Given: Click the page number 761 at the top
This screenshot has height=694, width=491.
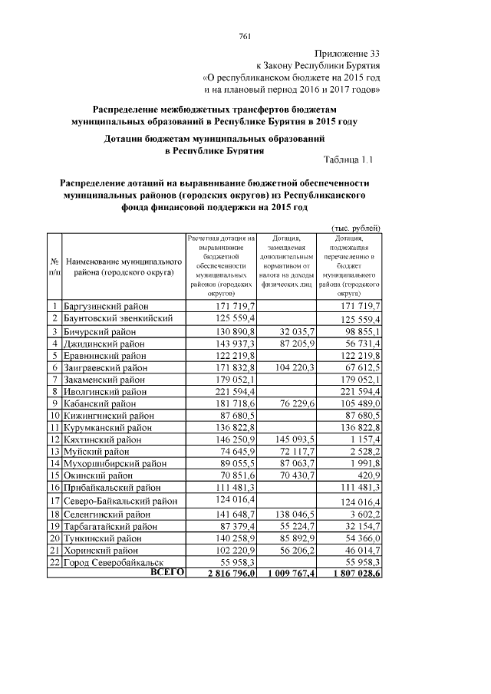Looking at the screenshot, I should click(x=245, y=36).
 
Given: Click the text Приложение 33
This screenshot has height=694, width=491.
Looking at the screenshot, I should click(x=348, y=53).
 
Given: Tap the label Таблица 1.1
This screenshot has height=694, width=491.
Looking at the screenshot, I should click(x=349, y=160).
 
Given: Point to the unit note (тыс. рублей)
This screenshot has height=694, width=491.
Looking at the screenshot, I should click(x=356, y=229).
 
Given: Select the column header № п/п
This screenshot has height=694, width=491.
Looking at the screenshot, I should click(x=54, y=267).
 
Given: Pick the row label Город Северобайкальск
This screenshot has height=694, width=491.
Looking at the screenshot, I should click(x=113, y=561).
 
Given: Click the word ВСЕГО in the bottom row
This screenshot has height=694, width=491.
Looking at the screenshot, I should click(x=167, y=572).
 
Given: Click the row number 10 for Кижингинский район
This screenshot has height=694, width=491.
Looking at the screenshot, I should click(x=54, y=416).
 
